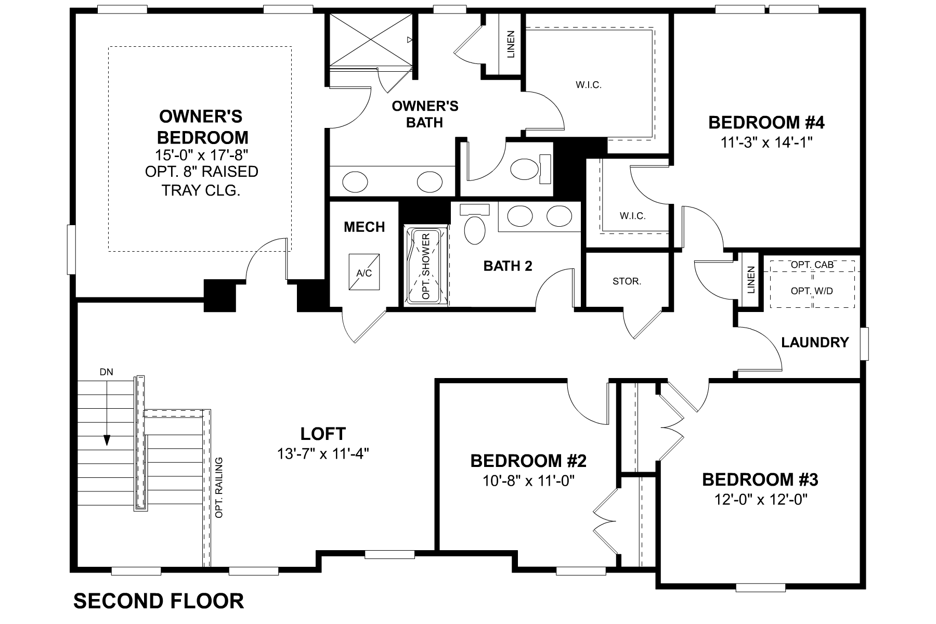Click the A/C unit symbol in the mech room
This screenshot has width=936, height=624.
(x=364, y=272)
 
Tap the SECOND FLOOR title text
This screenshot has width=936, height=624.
(x=159, y=601)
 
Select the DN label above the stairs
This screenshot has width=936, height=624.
(x=106, y=372)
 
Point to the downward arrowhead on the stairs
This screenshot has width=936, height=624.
(x=107, y=440)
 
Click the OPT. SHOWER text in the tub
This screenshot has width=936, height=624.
(x=426, y=266)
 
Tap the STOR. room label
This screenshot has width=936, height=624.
(x=627, y=281)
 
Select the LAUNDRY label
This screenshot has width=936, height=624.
(x=815, y=342)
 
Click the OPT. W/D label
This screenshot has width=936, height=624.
(x=812, y=291)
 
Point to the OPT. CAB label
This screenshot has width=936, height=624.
(x=812, y=265)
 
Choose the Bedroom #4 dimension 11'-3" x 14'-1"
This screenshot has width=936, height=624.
(x=766, y=142)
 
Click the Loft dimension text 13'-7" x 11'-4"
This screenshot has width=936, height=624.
(x=323, y=454)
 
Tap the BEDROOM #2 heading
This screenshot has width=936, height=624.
(x=528, y=461)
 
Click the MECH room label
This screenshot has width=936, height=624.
(x=364, y=227)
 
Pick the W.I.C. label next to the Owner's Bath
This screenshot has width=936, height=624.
(x=589, y=85)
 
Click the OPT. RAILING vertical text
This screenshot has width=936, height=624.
(x=219, y=487)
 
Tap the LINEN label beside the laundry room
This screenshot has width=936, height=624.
(x=750, y=280)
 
